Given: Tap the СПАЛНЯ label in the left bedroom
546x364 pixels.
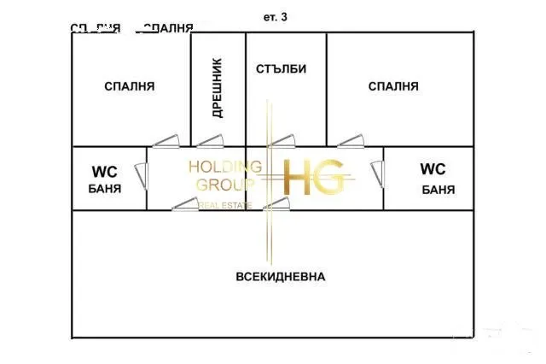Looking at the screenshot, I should tap(129, 86).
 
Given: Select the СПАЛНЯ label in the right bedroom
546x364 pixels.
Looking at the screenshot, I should tap(393, 86).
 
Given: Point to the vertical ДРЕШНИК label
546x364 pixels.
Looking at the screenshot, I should tap(217, 88).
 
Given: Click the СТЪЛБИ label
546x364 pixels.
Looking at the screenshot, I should tap(281, 69).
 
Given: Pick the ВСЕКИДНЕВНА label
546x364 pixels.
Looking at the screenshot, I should tap(281, 277).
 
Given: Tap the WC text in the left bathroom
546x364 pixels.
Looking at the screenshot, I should tap(104, 171).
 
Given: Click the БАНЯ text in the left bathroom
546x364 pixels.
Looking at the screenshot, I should tap(104, 189).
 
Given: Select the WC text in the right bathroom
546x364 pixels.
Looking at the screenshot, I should tap(433, 169).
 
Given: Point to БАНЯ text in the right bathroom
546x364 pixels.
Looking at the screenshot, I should tap(438, 189).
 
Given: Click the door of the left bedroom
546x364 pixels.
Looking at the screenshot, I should tap(165, 140).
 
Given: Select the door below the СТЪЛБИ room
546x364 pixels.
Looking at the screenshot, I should tap(282, 140).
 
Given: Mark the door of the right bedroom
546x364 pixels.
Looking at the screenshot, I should tap(349, 140).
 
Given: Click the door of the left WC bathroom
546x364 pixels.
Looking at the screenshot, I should tap(146, 178).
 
